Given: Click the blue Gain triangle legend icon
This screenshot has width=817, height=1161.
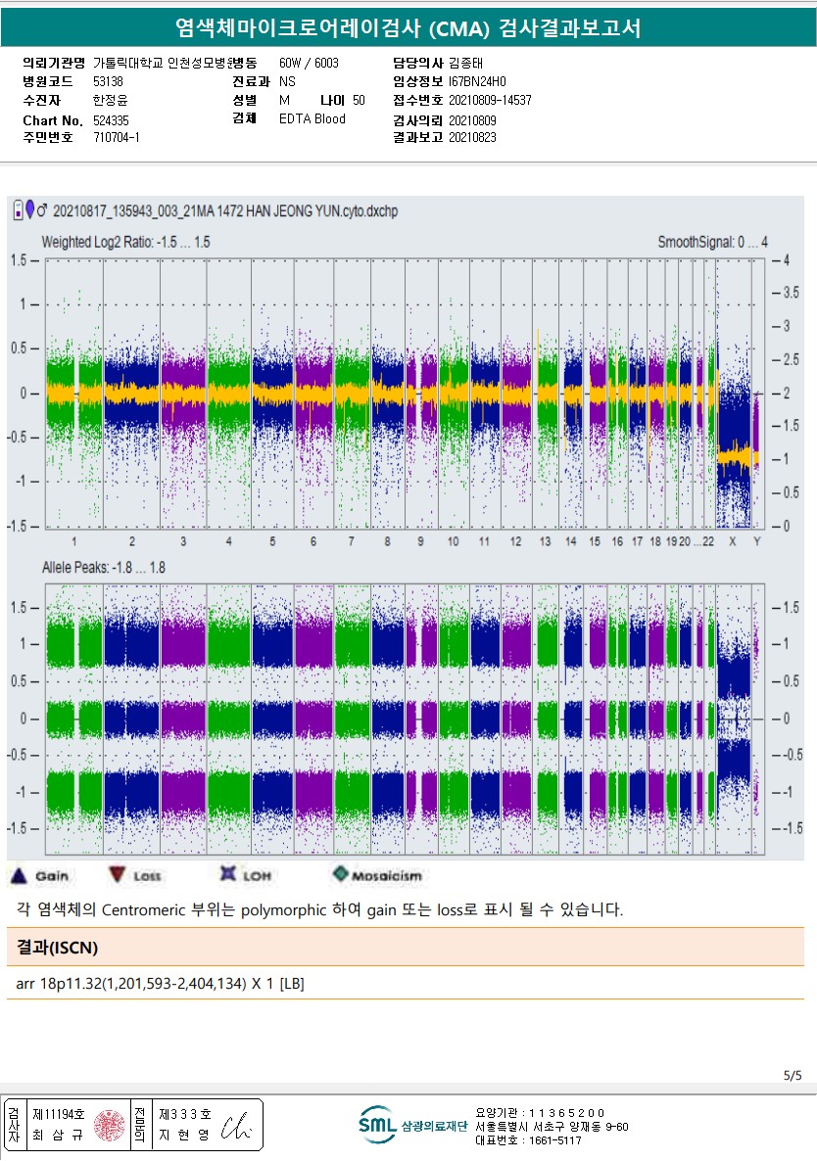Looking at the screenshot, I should pos(20,874).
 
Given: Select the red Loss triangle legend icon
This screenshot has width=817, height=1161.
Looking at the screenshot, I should pos(118,874).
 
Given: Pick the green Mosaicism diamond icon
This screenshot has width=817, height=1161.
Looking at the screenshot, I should pos(340,874).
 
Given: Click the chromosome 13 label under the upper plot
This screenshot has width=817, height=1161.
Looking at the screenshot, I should pos(545,541).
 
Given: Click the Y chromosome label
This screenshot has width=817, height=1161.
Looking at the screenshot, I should pos(756,541).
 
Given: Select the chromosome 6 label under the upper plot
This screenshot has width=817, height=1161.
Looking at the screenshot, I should pos(313,541).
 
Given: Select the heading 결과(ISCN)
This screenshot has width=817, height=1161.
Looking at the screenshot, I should pos(58,947).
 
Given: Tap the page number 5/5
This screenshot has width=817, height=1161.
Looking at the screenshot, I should pos(793,1075).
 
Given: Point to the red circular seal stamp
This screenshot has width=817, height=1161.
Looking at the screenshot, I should pos(110,1125).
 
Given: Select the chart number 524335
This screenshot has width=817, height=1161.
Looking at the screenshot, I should pos(111,120).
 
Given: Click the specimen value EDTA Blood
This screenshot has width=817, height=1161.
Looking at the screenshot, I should pos(312,119).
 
